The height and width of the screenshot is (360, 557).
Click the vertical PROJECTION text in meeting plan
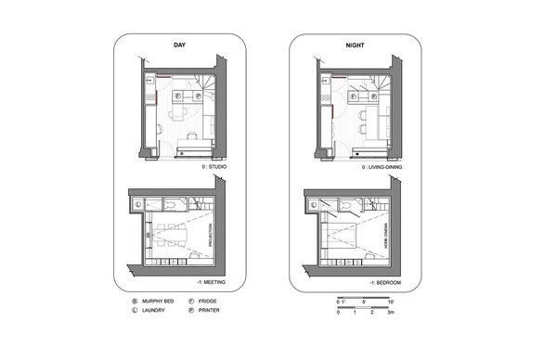[211, 231]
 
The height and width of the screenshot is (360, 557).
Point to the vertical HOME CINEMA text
[380, 231]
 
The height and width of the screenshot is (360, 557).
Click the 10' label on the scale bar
[392, 302]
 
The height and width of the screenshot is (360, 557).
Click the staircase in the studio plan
[203, 91]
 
